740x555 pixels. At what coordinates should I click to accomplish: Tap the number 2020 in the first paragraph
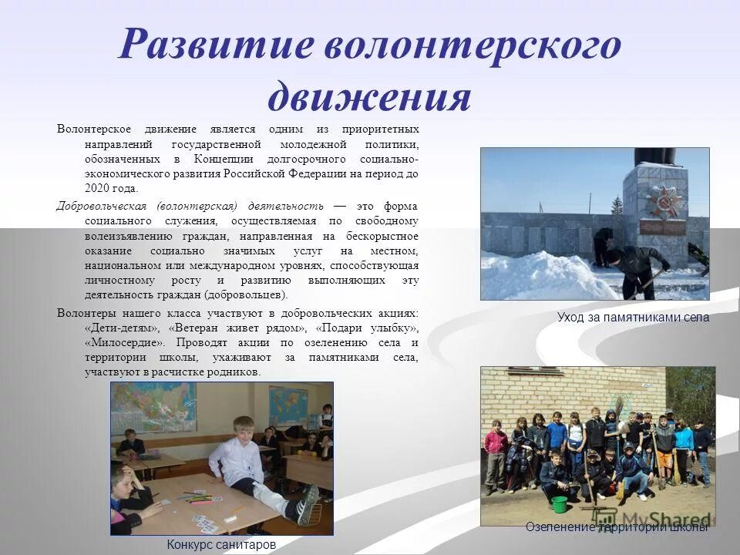tap(99, 188)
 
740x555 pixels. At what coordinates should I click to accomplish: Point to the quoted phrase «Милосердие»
tap(125, 342)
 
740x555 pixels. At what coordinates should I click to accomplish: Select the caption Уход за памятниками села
tap(633, 317)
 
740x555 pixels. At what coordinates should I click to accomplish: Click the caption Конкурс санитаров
tap(221, 544)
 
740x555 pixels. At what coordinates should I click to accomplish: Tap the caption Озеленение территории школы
tap(616, 527)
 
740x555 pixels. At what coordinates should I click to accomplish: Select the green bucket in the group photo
tap(560, 503)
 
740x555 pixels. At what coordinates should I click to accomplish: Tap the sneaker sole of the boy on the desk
tap(308, 505)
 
